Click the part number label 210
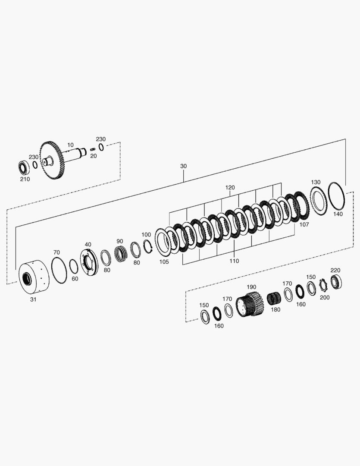25,179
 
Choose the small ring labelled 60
74,267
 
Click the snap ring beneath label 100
147,246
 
